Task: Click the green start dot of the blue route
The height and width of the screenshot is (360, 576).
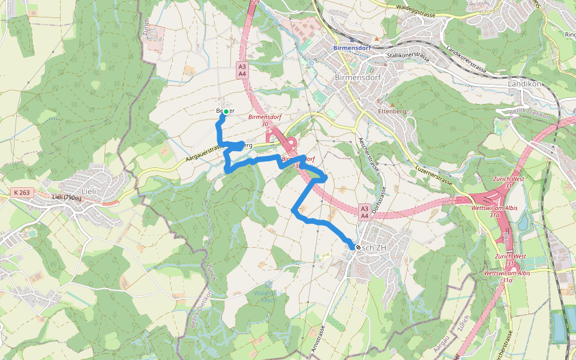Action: pyautogui.click(x=225, y=111)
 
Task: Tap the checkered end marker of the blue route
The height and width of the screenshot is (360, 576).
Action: pyautogui.click(x=358, y=247)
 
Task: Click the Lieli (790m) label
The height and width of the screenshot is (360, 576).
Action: pyautogui.click(x=66, y=198)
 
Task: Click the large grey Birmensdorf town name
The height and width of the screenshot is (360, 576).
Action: pyautogui.click(x=359, y=78)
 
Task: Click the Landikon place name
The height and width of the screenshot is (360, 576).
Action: pyautogui.click(x=526, y=84)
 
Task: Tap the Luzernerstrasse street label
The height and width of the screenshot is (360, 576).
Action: pyautogui.click(x=433, y=172)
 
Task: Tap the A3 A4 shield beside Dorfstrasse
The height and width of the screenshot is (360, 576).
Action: pyautogui.click(x=364, y=211)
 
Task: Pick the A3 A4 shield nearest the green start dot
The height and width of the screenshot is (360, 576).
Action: pyautogui.click(x=242, y=70)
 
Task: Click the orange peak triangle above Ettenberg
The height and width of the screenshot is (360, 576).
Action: pyautogui.click(x=392, y=104)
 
